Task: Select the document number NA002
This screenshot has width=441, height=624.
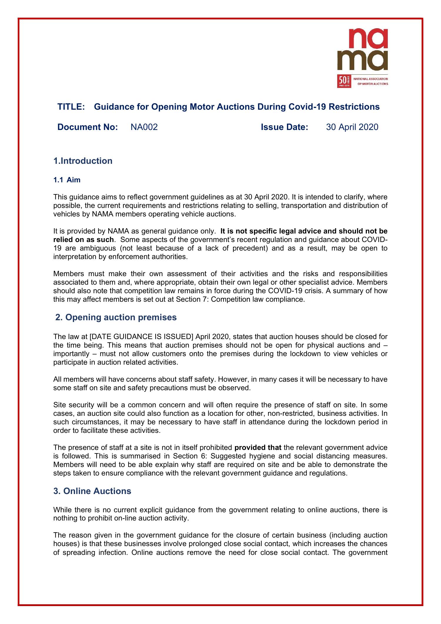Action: [144, 127]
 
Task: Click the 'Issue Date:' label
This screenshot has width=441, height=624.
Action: [284, 127]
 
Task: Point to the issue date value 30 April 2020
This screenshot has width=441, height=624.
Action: [352, 127]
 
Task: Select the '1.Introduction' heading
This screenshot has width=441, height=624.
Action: [83, 161]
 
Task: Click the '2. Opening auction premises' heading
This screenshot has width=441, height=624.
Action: [116, 317]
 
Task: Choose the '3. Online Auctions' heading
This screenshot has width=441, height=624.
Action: [92, 491]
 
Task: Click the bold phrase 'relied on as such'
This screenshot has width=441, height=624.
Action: [83, 240]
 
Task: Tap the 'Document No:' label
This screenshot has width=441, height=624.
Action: [88, 127]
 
